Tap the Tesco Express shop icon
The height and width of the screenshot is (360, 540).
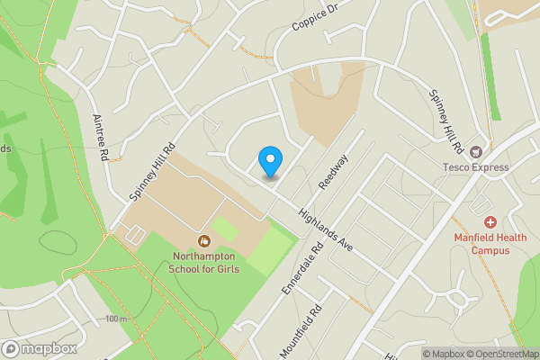click(476, 151)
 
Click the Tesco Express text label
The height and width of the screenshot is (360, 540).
click(476, 166)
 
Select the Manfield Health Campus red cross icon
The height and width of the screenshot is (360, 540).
click(490, 221)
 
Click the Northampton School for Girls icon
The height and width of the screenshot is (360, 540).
click(204, 240)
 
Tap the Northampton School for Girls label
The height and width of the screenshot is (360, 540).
click(205, 262)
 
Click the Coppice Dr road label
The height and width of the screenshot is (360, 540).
click(313, 16)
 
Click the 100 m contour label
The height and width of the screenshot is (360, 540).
click(115, 319)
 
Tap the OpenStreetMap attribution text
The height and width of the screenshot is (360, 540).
click(499, 354)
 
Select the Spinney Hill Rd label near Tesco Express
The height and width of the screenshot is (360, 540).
click(445, 121)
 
